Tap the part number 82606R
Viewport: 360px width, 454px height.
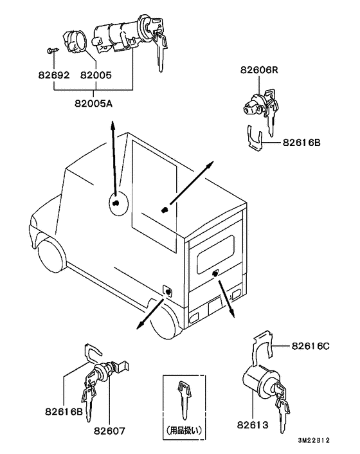pyautogui.click(x=260, y=69)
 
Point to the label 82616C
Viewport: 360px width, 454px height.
pyautogui.click(x=310, y=346)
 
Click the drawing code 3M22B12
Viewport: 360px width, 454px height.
pyautogui.click(x=313, y=441)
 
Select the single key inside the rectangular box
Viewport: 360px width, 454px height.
pyautogui.click(x=184, y=399)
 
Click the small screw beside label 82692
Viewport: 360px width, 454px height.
pyautogui.click(x=50, y=50)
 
